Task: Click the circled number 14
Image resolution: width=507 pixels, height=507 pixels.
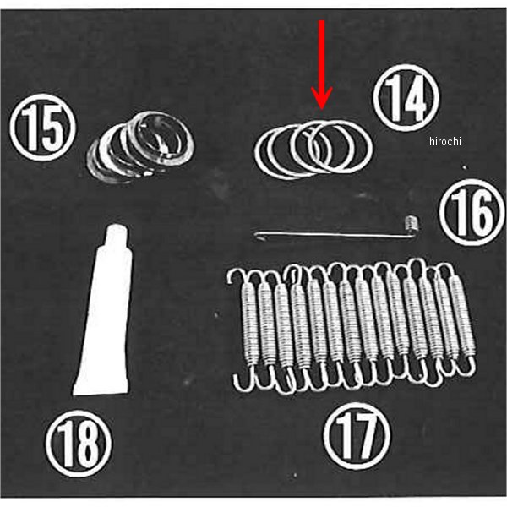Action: pyautogui.click(x=406, y=98)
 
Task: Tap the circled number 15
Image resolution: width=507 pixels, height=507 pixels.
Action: pyautogui.click(x=42, y=128)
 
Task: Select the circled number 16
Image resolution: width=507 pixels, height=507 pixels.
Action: pyautogui.click(x=472, y=212)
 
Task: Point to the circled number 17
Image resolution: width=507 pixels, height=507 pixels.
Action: pyautogui.click(x=357, y=436)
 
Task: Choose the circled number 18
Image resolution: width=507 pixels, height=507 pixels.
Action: pyautogui.click(x=79, y=444)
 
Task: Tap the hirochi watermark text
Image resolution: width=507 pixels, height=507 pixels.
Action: pyautogui.click(x=445, y=141)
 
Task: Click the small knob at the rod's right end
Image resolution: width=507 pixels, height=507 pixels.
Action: pyautogui.click(x=412, y=224)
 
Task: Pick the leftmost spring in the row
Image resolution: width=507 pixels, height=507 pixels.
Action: pyautogui.click(x=248, y=330)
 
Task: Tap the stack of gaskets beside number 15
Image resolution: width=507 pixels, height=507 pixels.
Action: pyautogui.click(x=140, y=147)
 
